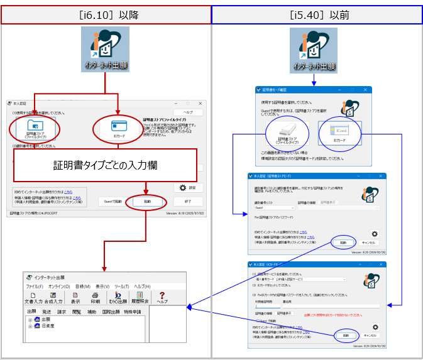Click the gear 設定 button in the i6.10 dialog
click(x=189, y=187)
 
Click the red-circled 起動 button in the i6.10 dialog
click(x=146, y=202)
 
